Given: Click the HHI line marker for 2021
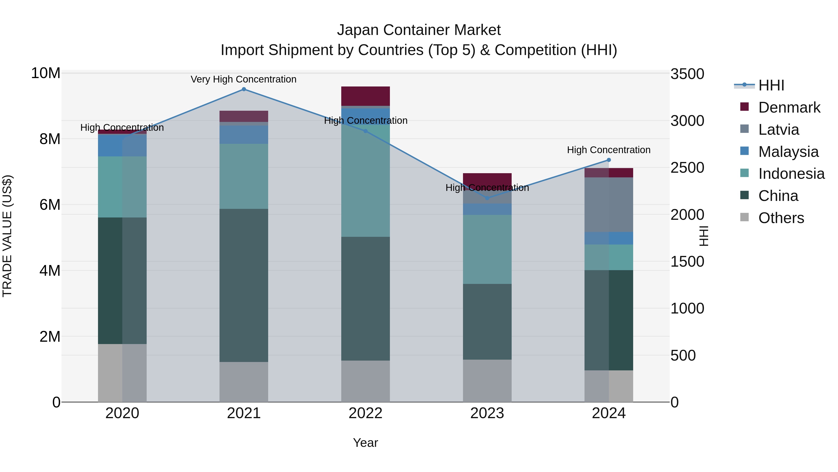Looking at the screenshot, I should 244,89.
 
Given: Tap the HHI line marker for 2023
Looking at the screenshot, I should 487,198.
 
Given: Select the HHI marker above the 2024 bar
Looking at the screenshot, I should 609,160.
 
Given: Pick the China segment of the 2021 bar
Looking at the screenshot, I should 244,285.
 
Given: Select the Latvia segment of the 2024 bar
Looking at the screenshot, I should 609,205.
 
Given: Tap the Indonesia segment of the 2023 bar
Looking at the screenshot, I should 487,249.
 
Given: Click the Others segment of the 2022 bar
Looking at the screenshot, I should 365,381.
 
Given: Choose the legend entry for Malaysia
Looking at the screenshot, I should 788,152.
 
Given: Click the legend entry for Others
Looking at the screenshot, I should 781,218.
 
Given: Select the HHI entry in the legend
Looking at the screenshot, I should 771,85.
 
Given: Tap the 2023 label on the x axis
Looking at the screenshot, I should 487,413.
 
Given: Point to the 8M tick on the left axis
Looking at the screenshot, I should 50,139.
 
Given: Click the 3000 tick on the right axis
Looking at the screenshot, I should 687,121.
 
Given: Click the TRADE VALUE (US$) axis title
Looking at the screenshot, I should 7,236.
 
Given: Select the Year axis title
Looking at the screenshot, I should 365,443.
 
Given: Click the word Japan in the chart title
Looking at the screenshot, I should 358,30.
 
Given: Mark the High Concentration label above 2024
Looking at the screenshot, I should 609,150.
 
